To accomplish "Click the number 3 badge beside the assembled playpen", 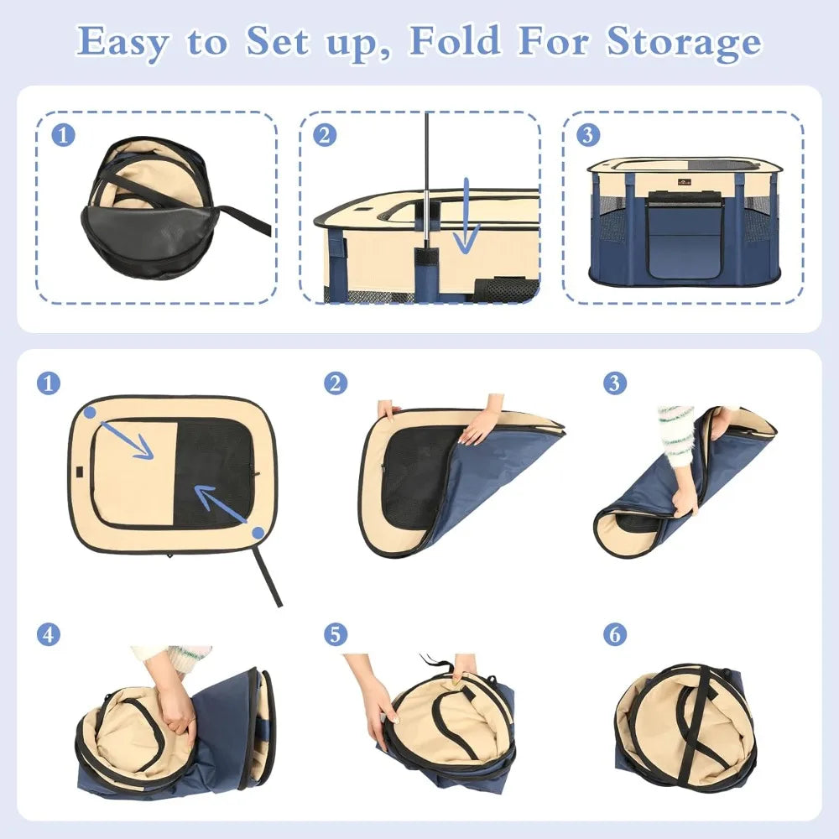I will click(x=588, y=134).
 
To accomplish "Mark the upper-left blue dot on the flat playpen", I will click(x=90, y=412).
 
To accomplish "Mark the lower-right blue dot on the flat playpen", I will click(x=258, y=533).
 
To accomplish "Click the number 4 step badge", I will click(x=49, y=635).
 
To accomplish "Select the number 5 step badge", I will click(x=335, y=635).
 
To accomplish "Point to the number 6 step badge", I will click(x=614, y=635).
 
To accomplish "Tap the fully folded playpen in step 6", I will click(x=684, y=726).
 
